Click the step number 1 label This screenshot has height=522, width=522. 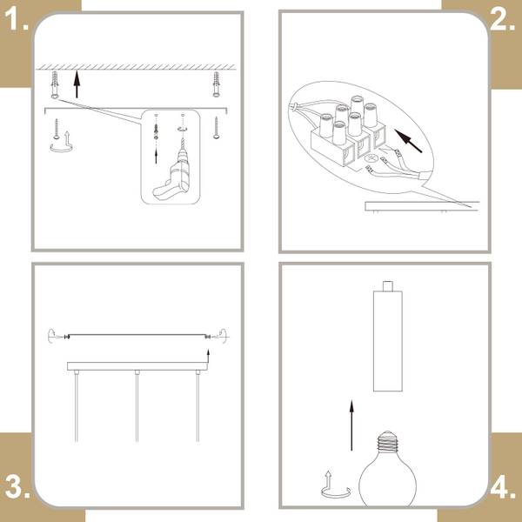pyautogui.click(x=16, y=18)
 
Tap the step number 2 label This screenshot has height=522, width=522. pyautogui.click(x=502, y=18)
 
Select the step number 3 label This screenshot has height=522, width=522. pyautogui.click(x=17, y=487)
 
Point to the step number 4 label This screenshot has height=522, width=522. pyautogui.click(x=503, y=487)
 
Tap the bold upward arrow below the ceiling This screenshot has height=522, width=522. pyautogui.click(x=77, y=84)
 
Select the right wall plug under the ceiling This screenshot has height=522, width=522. pyautogui.click(x=216, y=84)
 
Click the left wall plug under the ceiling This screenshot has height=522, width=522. pyautogui.click(x=56, y=85)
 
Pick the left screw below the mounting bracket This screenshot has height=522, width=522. pyautogui.click(x=57, y=129)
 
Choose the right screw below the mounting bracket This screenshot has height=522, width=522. pyautogui.click(x=217, y=128)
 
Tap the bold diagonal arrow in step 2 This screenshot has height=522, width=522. pyautogui.click(x=408, y=141)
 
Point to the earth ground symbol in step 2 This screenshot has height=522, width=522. pyautogui.click(x=371, y=159)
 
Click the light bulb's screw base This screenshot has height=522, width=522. pyautogui.click(x=387, y=441)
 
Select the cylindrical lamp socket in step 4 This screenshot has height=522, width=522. pyautogui.click(x=387, y=336)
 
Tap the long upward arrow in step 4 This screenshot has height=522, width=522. pyautogui.click(x=351, y=425)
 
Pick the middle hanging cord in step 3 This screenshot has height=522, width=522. pyautogui.click(x=137, y=406)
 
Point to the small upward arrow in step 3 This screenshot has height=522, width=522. pyautogui.click(x=208, y=357)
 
